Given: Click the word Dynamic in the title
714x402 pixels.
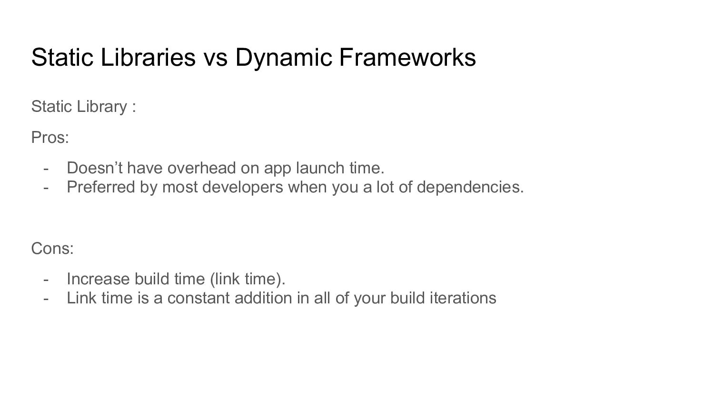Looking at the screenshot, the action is pyautogui.click(x=283, y=58).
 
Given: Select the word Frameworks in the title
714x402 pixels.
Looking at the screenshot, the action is pyautogui.click(x=407, y=57).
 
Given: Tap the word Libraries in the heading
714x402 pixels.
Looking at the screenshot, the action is pyautogui.click(x=148, y=57).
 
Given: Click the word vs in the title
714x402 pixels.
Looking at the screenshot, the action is pyautogui.click(x=216, y=60).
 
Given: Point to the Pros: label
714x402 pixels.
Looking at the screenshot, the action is pyautogui.click(x=50, y=138).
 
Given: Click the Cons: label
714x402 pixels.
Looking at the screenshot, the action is pyautogui.click(x=52, y=248).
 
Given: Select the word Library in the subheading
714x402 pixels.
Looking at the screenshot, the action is pyautogui.click(x=102, y=107).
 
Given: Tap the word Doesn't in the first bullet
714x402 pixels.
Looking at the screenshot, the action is pyautogui.click(x=94, y=168).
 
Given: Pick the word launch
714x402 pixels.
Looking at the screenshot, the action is pyautogui.click(x=320, y=168).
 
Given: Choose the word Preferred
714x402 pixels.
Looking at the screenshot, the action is pyautogui.click(x=101, y=187).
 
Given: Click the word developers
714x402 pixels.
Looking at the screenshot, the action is pyautogui.click(x=243, y=188).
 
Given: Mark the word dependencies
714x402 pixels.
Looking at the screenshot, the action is pyautogui.click(x=470, y=188).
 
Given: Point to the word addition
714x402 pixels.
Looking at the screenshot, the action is pyautogui.click(x=263, y=298).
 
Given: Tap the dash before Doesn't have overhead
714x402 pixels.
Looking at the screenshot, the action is pyautogui.click(x=46, y=169).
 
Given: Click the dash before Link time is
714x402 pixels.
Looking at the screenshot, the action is pyautogui.click(x=46, y=299).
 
